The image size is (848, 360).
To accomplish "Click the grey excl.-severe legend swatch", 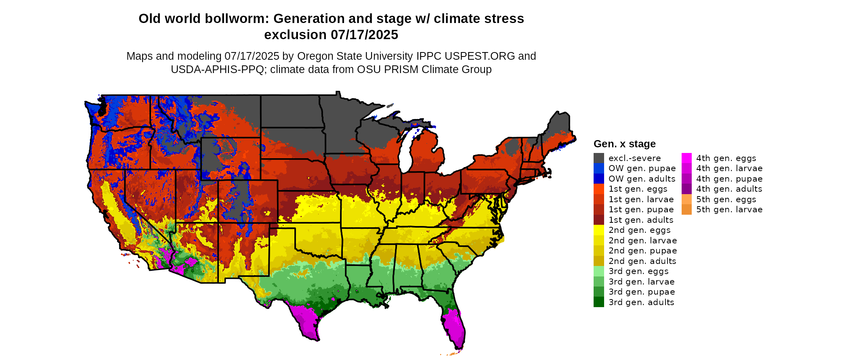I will pos(598,158).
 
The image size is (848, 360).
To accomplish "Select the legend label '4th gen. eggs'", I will pos(726,158).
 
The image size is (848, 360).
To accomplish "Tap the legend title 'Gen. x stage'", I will pos(624,144).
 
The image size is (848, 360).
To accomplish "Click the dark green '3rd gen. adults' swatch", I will pos(598,302).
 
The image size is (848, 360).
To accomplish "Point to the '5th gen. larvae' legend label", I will pos(729,209).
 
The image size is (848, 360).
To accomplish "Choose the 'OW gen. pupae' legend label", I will pos(642,168).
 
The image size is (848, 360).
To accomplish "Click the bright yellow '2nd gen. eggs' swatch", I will pos(598,230).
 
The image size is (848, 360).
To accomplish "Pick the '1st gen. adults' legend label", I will pos(641,220).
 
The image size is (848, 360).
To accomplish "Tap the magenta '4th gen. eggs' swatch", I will pos(686,158).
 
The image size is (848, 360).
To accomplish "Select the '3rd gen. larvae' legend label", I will pos(641,282).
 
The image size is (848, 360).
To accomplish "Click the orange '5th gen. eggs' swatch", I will pos(686,199).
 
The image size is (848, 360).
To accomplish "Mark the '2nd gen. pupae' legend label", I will pos(642,251).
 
